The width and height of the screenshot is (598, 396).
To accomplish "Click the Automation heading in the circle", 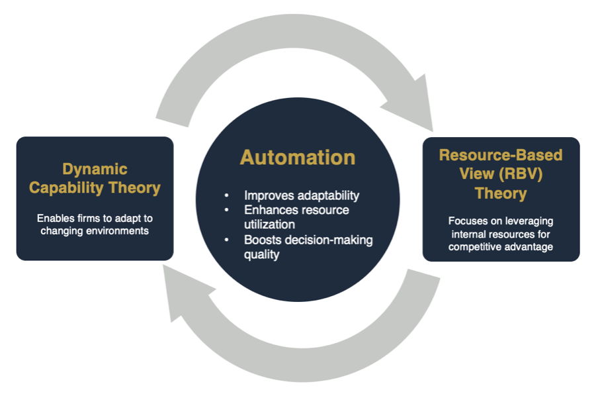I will (x=298, y=158).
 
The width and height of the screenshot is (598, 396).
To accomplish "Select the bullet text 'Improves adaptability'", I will (x=302, y=195).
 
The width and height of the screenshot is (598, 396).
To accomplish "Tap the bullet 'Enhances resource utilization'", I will (x=296, y=217).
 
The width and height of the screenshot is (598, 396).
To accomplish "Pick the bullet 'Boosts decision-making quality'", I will (x=308, y=246).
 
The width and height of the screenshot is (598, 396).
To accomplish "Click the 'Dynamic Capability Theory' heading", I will (x=95, y=179).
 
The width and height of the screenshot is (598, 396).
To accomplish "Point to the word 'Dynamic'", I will (x=95, y=170).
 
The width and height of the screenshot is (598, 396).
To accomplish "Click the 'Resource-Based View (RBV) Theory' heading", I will (x=501, y=175).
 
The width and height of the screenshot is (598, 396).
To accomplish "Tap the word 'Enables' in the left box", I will (x=56, y=217).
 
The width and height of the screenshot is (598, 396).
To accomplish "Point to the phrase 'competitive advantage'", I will (x=501, y=247).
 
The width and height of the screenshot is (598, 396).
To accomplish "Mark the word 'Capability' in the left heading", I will (x=68, y=188).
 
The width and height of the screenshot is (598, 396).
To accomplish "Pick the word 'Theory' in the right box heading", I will (x=501, y=193).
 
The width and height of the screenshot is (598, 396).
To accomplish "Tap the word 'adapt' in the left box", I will (x=121, y=217).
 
